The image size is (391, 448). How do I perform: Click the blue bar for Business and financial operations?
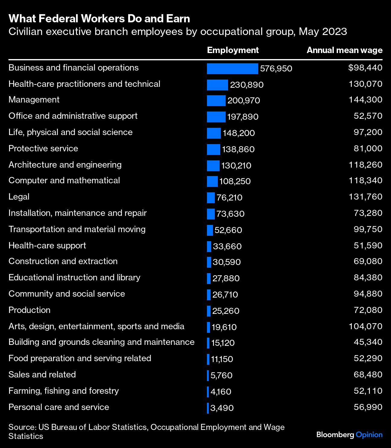point(232,69)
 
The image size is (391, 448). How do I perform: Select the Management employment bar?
point(216,101)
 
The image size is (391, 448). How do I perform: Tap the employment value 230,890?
point(247,85)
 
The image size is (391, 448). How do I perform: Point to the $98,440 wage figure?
point(365,68)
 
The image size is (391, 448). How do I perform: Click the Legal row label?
point(19,197)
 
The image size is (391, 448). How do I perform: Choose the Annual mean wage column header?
point(344,50)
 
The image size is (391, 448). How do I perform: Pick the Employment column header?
point(233,50)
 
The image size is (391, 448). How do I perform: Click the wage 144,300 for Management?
point(365,100)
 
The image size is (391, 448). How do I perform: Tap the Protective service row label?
point(43,149)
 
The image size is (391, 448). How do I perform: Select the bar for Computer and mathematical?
point(212,181)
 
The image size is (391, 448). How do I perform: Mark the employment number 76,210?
point(229,198)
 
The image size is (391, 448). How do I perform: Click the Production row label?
point(29,310)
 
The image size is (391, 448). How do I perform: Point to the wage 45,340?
point(368,342)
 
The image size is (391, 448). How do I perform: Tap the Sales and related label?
point(42,375)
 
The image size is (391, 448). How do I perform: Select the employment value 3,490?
point(222,408)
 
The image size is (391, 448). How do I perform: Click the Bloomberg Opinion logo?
point(349,435)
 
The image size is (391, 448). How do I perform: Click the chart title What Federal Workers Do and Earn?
point(99,19)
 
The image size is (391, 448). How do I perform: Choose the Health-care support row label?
point(47,246)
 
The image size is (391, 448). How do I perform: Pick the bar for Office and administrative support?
point(216,117)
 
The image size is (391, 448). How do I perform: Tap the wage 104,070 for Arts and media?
point(365,327)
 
